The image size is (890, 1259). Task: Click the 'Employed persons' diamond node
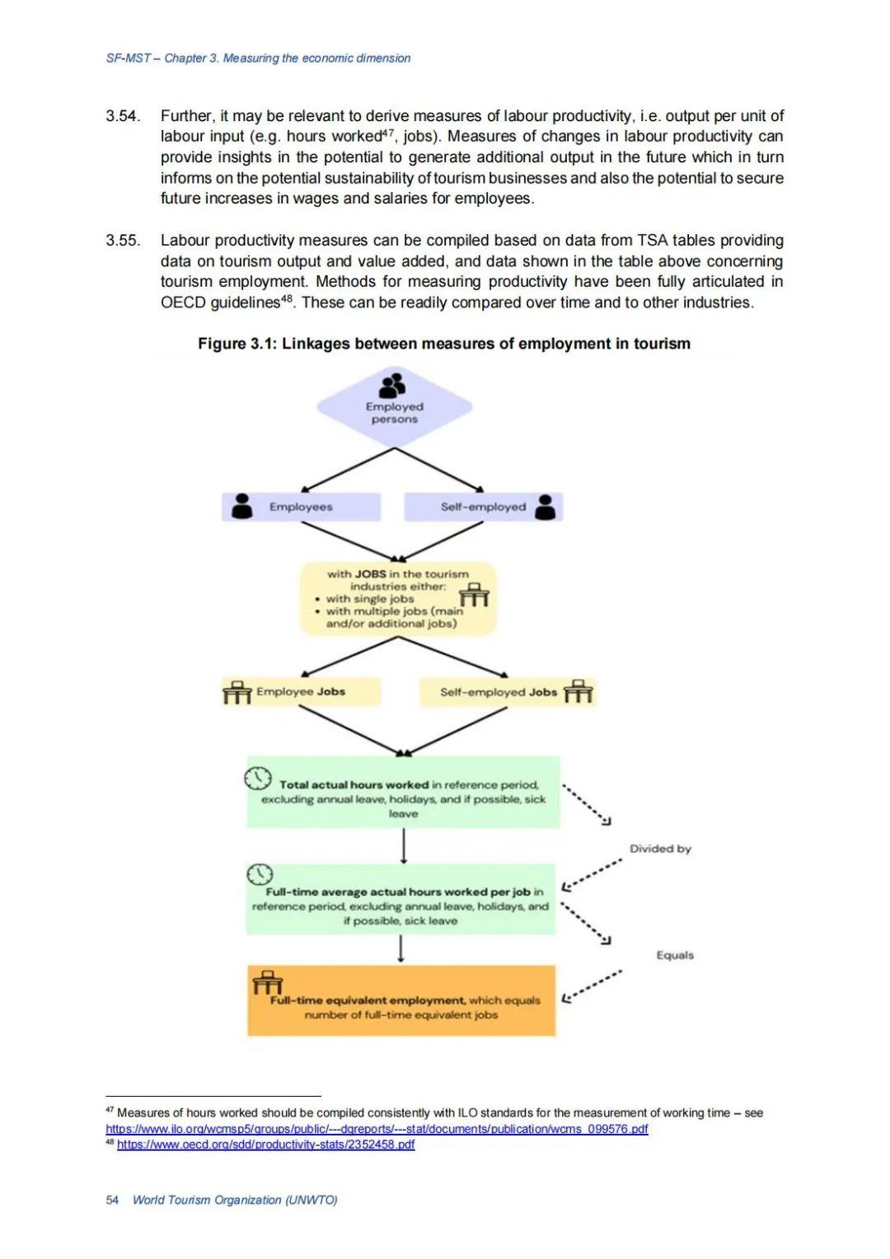[394, 408]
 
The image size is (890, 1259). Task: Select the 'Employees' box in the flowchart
[301, 507]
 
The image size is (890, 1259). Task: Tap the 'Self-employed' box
[483, 507]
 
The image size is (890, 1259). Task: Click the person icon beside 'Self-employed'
[546, 507]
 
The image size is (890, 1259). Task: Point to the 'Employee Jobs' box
[301, 692]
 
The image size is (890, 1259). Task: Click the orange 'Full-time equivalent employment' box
[401, 1001]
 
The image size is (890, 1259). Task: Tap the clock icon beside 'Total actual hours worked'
[257, 778]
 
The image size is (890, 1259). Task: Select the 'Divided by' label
[660, 849]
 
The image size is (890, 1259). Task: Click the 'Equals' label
[675, 955]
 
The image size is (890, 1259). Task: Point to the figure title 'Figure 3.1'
[443, 344]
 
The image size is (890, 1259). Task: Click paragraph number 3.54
[122, 116]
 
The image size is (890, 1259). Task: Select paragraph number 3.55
[122, 241]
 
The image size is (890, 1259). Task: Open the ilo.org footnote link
[377, 1129]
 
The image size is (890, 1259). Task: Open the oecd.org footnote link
[265, 1144]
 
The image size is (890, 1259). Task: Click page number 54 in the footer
[112, 1200]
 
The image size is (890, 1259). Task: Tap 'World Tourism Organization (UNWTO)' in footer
[235, 1200]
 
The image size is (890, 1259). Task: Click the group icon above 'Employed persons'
[393, 385]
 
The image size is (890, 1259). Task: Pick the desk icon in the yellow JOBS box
[473, 594]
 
